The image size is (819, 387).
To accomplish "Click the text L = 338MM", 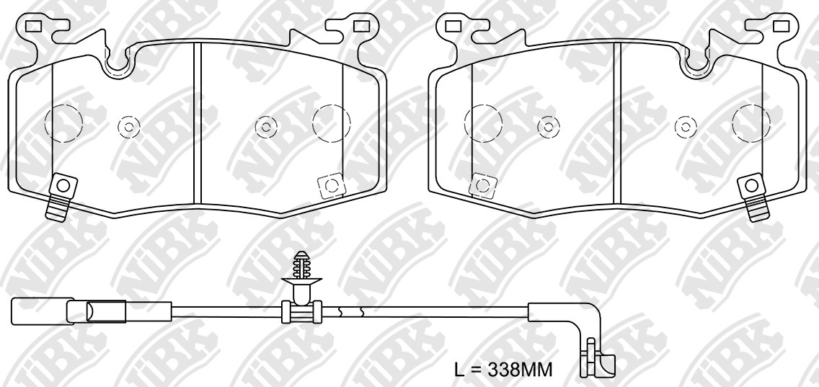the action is click(503, 370).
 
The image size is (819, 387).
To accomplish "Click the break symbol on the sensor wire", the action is click(350, 312).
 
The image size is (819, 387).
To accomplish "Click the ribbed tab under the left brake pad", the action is click(56, 208).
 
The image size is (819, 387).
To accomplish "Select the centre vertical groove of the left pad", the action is click(198, 123).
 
